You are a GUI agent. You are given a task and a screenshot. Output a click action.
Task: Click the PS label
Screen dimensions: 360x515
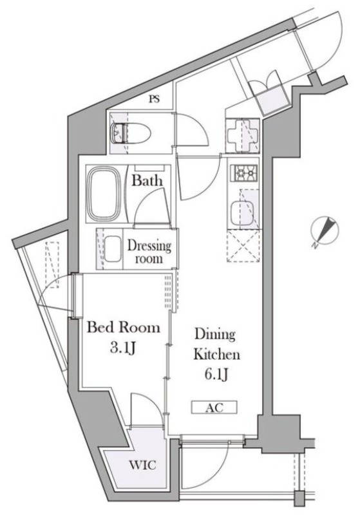pyautogui.click(x=154, y=99)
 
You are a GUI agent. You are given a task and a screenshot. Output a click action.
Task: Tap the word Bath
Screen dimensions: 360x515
pyautogui.click(x=147, y=180)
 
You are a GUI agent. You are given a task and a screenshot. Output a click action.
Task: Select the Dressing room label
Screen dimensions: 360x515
pyautogui.click(x=149, y=252)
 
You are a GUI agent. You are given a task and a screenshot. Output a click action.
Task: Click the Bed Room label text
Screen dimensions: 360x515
pyautogui.click(x=123, y=328)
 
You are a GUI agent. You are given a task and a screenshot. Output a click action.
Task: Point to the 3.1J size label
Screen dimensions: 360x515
pyautogui.click(x=123, y=348)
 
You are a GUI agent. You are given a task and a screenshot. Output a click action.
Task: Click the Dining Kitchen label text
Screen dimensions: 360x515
pyautogui.click(x=216, y=344)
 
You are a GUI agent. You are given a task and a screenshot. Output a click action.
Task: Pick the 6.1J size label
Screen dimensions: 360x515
pyautogui.click(x=216, y=374)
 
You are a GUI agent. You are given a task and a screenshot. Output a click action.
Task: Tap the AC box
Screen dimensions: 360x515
pyautogui.click(x=214, y=407)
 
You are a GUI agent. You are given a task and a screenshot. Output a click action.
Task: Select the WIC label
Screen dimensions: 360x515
pyautogui.click(x=142, y=465)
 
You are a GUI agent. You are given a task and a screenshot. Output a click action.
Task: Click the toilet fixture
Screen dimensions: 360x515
pyautogui.click(x=130, y=133)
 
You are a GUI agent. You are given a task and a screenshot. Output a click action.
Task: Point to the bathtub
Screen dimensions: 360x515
pyautogui.click(x=104, y=194)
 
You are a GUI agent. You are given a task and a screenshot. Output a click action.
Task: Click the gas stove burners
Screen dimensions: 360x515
pyautogui.click(x=243, y=173)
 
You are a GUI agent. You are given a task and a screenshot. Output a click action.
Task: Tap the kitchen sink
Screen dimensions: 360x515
pyautogui.click(x=242, y=214)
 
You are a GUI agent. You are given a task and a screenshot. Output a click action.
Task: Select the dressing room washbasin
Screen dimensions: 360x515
pyautogui.click(x=113, y=249)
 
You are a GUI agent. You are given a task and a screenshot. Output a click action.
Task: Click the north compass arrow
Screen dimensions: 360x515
pyautogui.click(x=325, y=230)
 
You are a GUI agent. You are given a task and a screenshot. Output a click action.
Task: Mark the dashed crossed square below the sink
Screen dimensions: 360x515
pyautogui.click(x=243, y=246)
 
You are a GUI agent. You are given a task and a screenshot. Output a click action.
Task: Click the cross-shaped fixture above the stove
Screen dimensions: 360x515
pyautogui.click(x=242, y=136)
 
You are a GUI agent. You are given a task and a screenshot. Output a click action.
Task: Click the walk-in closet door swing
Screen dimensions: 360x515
pyautogui.click(x=147, y=409)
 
